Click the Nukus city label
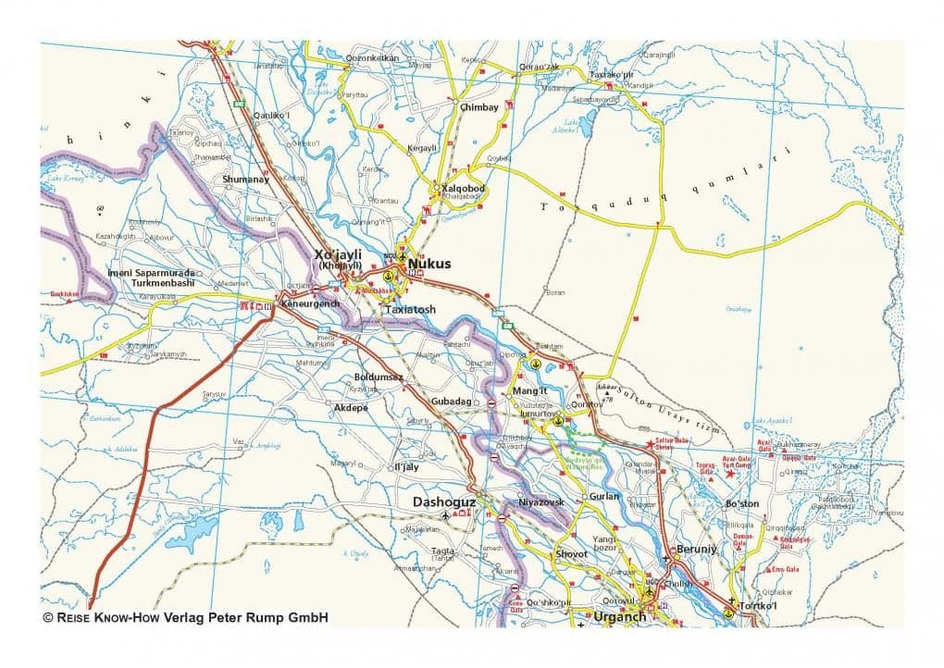429,264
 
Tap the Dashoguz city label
443,501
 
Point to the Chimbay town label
479,107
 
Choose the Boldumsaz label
379,377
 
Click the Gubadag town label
452,402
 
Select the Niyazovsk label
541,501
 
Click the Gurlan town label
603,496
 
